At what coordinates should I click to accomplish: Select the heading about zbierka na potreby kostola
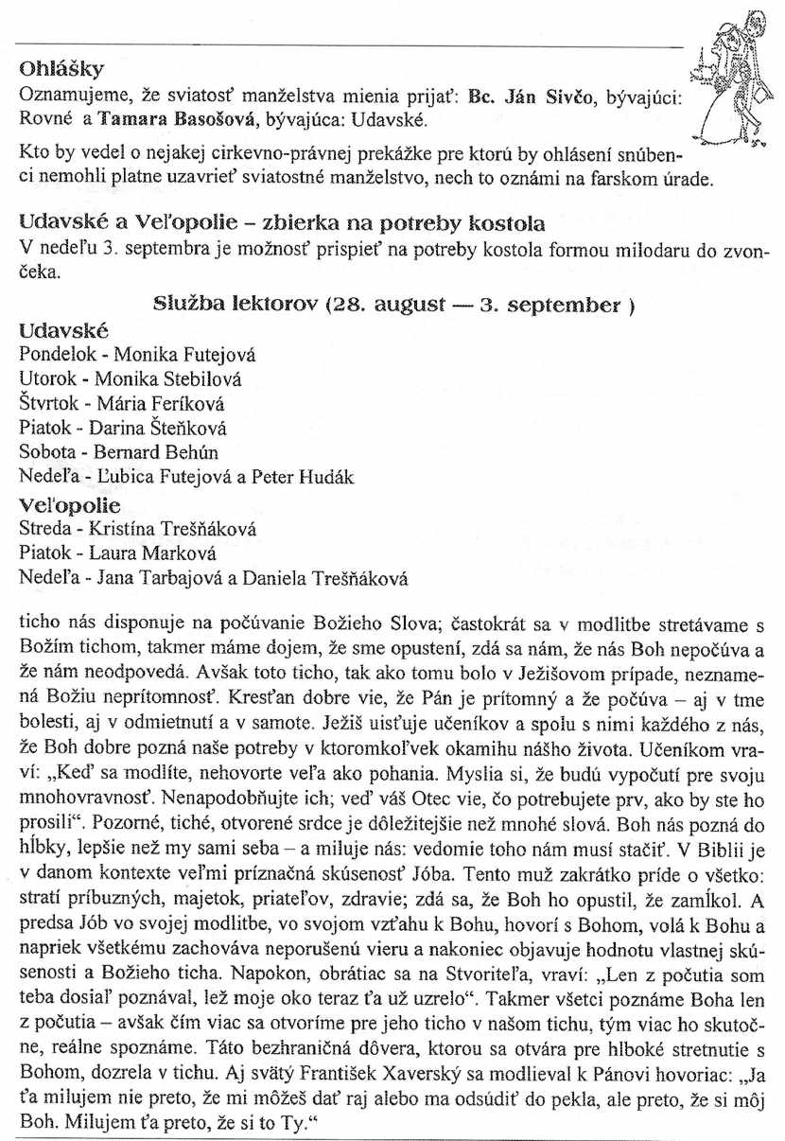(282, 224)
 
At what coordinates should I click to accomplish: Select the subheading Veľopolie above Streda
(71, 505)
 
